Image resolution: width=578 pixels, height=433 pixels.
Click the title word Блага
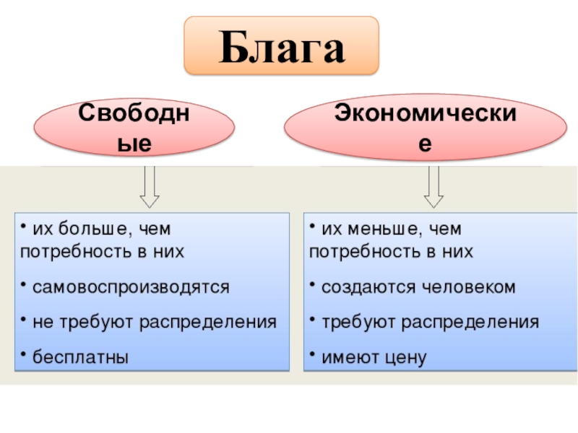[x=282, y=47]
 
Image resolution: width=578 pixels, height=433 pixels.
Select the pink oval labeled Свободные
[x=135, y=128]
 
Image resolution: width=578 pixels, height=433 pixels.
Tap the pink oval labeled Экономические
[x=425, y=128]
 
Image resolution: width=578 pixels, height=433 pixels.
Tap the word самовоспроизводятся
[x=130, y=287]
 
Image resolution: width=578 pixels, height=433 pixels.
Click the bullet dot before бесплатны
[x=23, y=354]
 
